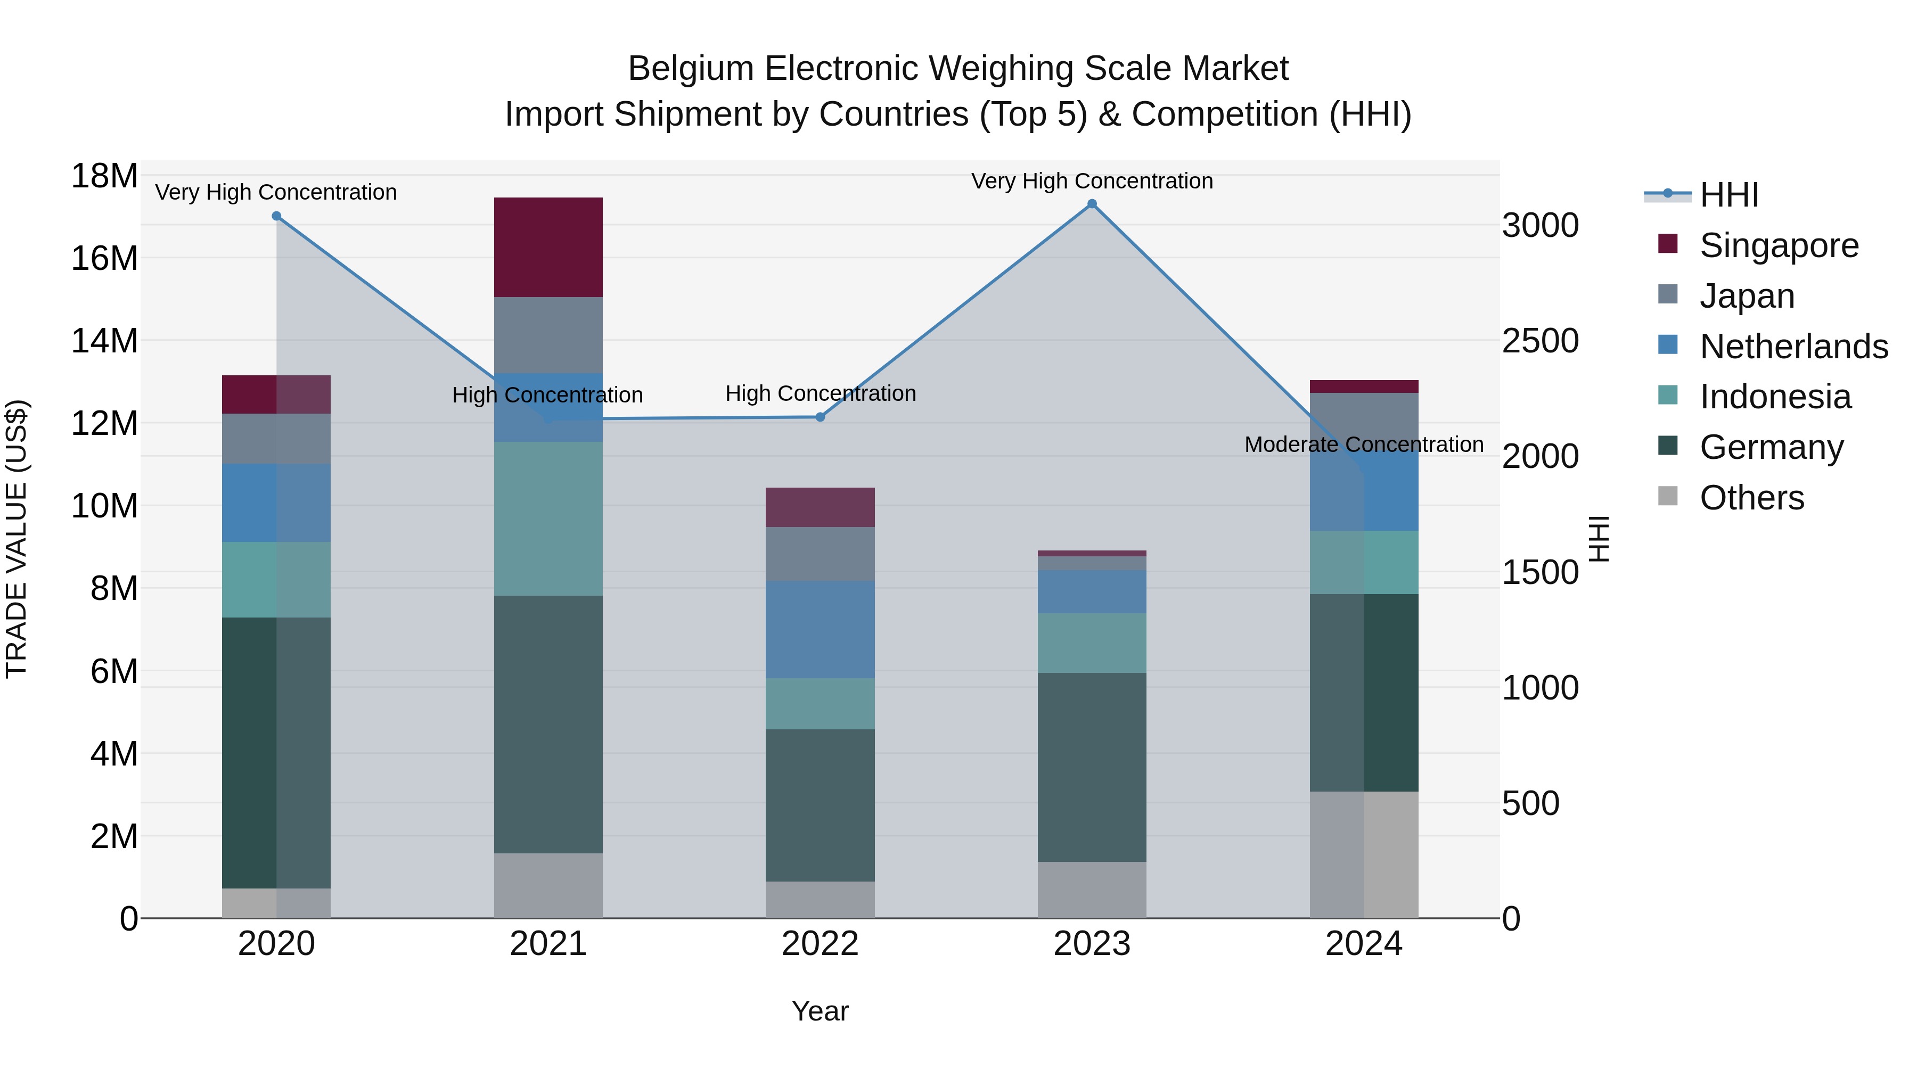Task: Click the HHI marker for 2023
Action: [x=1092, y=204]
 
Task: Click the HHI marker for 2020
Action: [x=276, y=216]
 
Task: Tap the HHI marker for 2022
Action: [x=820, y=417]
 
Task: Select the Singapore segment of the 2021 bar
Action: [x=548, y=247]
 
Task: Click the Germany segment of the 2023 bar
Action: [x=1092, y=767]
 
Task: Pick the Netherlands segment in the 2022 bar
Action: [x=820, y=629]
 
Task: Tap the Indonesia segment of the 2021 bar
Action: [x=548, y=519]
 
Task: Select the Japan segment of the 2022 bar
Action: [x=820, y=554]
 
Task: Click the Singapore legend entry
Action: [x=1779, y=245]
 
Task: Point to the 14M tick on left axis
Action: [x=104, y=341]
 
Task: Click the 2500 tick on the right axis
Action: [x=1539, y=341]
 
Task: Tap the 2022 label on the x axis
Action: [x=820, y=944]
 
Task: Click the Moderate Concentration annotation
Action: [x=1363, y=444]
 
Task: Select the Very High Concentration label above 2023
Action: [x=1092, y=181]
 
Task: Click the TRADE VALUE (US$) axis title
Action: [x=17, y=539]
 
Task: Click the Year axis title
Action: [x=820, y=1011]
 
